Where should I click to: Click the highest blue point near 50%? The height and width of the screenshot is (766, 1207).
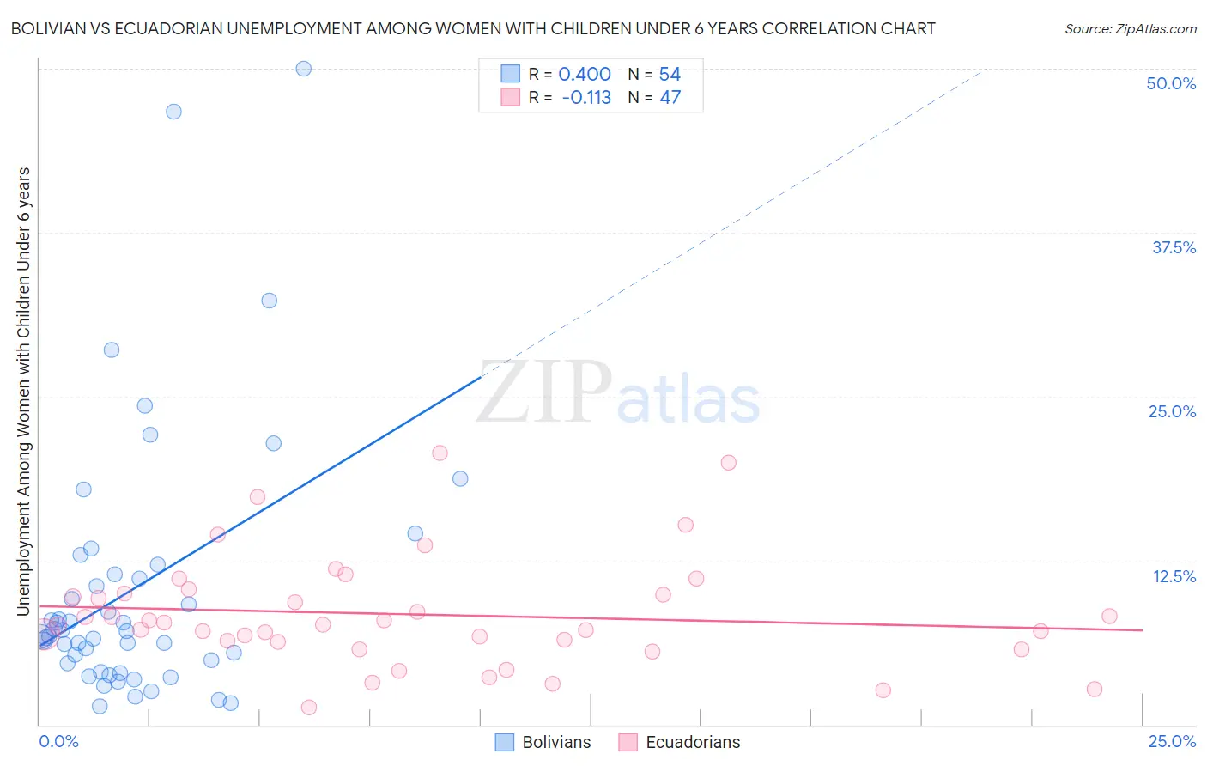[303, 69]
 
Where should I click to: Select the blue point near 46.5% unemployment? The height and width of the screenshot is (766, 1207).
[173, 112]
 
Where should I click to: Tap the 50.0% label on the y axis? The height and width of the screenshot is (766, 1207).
[1171, 83]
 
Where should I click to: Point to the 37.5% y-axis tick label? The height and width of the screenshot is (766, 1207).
[1174, 247]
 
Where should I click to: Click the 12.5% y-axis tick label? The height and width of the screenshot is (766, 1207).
[1174, 576]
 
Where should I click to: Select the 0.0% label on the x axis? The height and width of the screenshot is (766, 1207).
[58, 741]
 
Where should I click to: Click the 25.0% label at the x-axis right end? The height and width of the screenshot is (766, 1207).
[1172, 741]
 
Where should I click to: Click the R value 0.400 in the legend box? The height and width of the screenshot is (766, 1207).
[585, 75]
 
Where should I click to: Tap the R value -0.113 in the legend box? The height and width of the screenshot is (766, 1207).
[586, 98]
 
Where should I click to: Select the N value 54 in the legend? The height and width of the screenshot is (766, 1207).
[670, 75]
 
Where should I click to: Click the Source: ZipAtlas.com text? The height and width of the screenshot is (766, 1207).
[1130, 29]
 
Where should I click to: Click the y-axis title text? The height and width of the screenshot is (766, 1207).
[24, 391]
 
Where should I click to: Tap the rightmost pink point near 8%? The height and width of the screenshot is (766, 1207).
[1109, 616]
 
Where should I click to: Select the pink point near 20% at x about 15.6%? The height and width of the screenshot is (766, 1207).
[728, 463]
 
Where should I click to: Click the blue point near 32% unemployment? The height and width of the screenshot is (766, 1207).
[270, 301]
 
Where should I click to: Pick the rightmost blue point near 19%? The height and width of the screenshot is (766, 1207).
[460, 479]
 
